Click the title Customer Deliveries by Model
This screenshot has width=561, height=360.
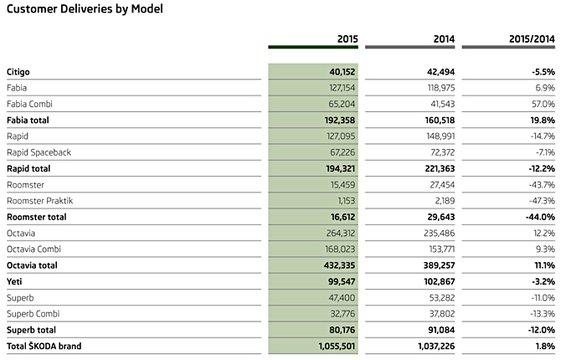click(x=85, y=9)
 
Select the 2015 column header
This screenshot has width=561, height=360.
click(x=347, y=39)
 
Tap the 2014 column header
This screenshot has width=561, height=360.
click(x=444, y=39)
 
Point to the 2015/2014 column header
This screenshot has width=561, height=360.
click(x=532, y=39)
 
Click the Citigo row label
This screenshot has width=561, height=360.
click(x=18, y=72)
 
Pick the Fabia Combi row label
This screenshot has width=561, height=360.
click(x=29, y=104)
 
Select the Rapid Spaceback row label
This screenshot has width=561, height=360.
click(x=39, y=152)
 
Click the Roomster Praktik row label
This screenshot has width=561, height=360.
click(x=39, y=201)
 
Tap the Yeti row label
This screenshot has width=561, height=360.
click(x=14, y=281)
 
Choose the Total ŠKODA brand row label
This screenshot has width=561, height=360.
click(x=44, y=346)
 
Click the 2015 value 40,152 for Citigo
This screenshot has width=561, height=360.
click(x=342, y=72)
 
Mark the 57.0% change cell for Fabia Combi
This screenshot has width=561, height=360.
click(x=543, y=104)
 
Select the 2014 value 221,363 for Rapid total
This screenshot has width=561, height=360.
click(x=440, y=168)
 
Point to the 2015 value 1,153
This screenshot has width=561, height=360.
click(x=347, y=201)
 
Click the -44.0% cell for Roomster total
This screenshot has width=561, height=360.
click(x=540, y=217)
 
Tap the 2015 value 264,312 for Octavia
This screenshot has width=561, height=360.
click(x=341, y=234)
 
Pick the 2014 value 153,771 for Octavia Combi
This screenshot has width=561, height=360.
click(x=442, y=249)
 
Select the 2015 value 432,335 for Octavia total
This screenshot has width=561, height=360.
click(x=340, y=265)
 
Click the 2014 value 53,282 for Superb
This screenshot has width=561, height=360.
click(x=442, y=298)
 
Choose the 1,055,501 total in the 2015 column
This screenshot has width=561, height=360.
click(x=337, y=347)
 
